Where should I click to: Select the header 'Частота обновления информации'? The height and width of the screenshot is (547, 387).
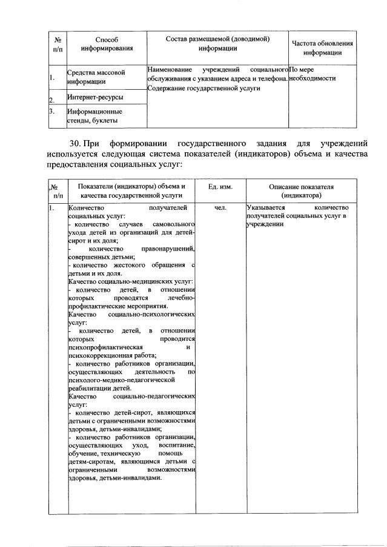(x=322, y=48)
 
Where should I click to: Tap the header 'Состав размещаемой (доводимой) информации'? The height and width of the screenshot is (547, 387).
(x=217, y=43)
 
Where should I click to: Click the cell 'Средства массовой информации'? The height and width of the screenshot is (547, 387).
(x=96, y=76)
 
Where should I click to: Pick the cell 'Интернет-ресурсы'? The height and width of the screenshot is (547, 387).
(x=94, y=97)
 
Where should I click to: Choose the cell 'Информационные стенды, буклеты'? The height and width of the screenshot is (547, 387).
(x=95, y=116)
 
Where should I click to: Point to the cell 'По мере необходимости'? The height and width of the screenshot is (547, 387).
(x=313, y=74)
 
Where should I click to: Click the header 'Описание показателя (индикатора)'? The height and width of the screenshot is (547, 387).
(x=301, y=191)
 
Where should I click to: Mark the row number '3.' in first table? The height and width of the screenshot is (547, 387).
(x=53, y=112)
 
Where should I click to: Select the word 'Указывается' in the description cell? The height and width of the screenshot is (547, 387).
(x=266, y=208)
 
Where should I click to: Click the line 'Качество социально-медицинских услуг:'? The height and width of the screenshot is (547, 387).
(x=130, y=281)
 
